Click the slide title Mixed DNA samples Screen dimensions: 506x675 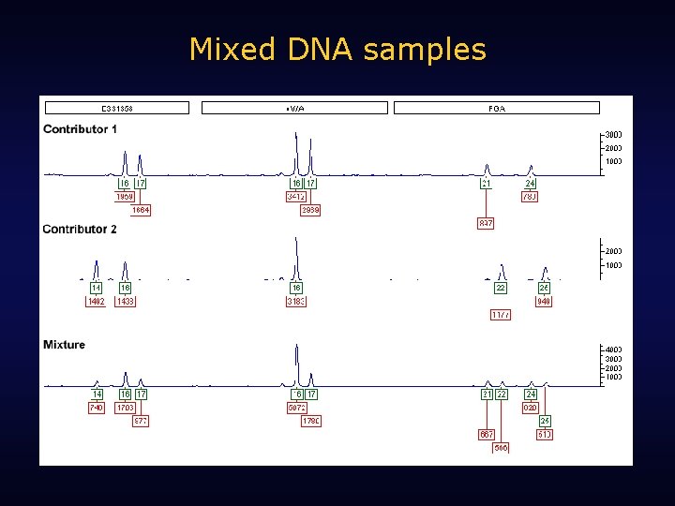pyautogui.click(x=337, y=49)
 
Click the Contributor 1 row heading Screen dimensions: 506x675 pyautogui.click(x=80, y=129)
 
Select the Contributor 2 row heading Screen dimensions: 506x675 pyautogui.click(x=80, y=230)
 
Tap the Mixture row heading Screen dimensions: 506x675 pyautogui.click(x=64, y=345)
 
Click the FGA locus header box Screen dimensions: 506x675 pyautogui.click(x=496, y=108)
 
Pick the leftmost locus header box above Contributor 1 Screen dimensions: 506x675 pyautogui.click(x=116, y=108)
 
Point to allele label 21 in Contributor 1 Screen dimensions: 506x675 pyautogui.click(x=487, y=184)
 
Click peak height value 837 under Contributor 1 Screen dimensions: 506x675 pyautogui.click(x=486, y=223)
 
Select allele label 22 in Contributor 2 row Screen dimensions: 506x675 pyautogui.click(x=501, y=288)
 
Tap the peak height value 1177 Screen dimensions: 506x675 pyautogui.click(x=501, y=315)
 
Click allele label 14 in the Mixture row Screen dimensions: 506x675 pyautogui.click(x=97, y=394)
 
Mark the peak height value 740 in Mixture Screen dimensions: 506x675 pyautogui.click(x=96, y=408)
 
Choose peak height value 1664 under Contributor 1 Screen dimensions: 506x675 pyautogui.click(x=141, y=210)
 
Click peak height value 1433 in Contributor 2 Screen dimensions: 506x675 pyautogui.click(x=125, y=302)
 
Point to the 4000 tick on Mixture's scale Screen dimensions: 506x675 pyautogui.click(x=613, y=350)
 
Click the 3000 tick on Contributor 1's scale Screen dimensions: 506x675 pyautogui.click(x=613, y=135)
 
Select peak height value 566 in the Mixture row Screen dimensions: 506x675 pyautogui.click(x=502, y=448)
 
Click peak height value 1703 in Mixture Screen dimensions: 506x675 pyautogui.click(x=125, y=408)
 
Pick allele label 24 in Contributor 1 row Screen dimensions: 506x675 pyautogui.click(x=531, y=184)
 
